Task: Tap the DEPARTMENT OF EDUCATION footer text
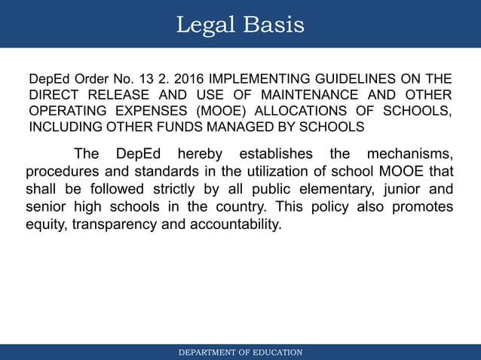tap(240, 352)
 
